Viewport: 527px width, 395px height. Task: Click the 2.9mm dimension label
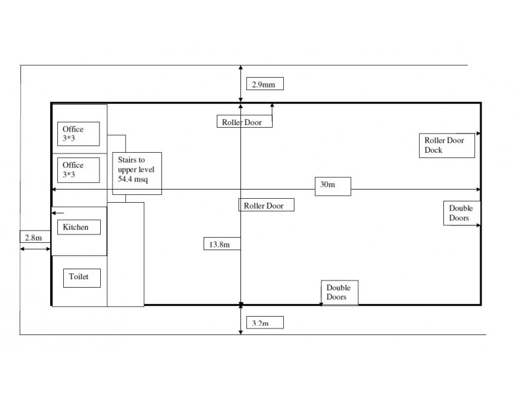265,84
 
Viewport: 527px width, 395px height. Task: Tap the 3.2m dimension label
265,323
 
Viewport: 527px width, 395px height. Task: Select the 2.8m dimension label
35,237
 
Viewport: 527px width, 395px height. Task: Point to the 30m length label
333,186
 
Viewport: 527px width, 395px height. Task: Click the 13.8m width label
222,244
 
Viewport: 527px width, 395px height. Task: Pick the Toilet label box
82,278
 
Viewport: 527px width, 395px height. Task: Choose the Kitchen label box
79,227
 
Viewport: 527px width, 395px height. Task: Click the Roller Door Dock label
447,145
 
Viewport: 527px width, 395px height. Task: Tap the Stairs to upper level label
137,173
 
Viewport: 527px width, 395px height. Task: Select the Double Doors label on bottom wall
339,292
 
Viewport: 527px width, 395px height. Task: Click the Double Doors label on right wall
462,213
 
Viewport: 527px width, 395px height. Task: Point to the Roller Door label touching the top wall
244,121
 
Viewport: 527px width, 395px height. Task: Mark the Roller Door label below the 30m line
266,205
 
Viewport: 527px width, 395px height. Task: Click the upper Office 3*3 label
78,134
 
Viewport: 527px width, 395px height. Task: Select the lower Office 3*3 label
78,170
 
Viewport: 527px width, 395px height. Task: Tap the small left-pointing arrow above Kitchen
57,213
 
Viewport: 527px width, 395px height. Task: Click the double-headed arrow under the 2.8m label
35,249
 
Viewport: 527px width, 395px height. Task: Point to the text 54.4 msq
133,179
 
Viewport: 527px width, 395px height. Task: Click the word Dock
433,150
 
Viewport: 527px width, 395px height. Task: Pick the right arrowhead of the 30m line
479,190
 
